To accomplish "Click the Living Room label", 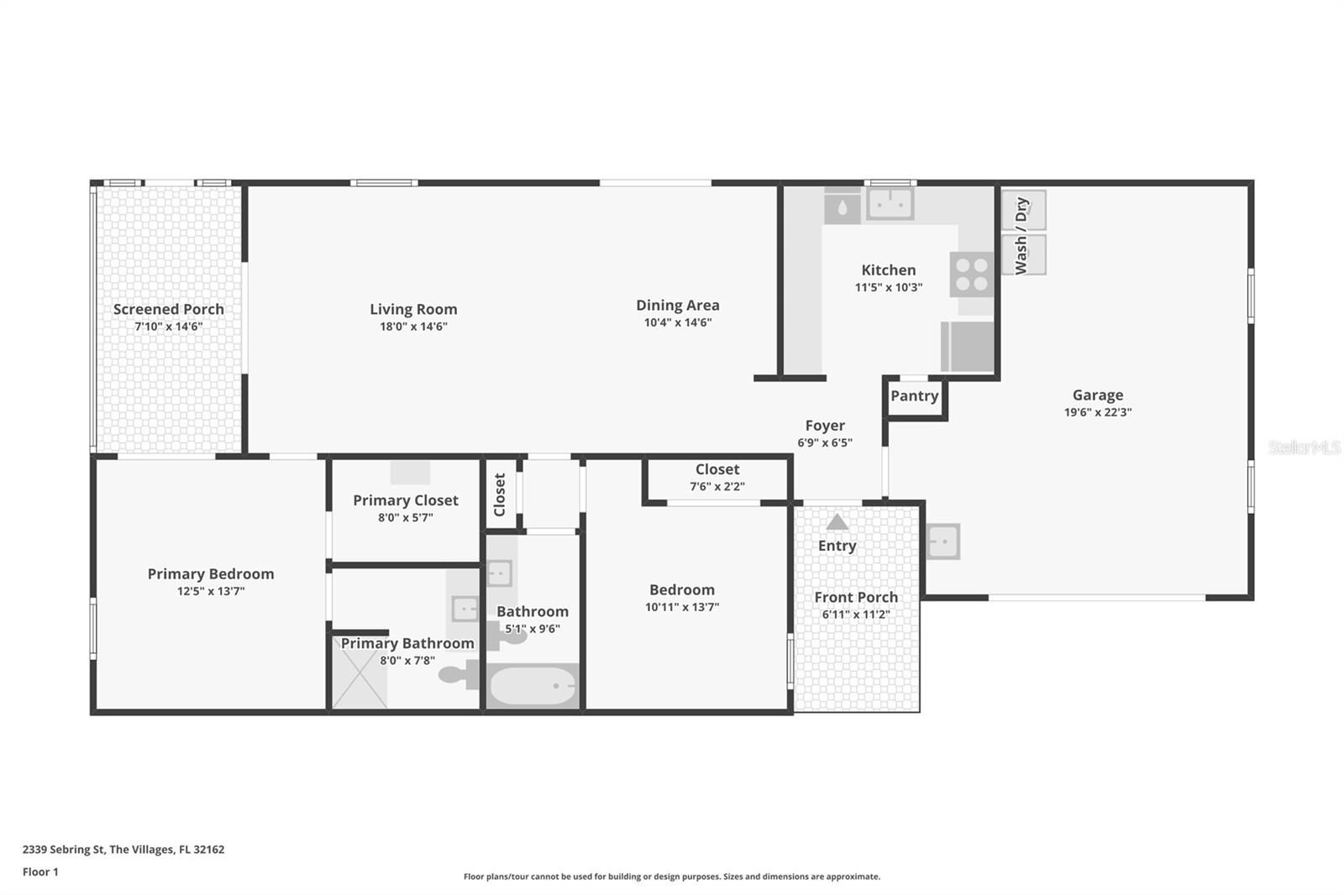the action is tap(413, 309).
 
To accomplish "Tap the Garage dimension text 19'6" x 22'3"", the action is tap(1097, 412).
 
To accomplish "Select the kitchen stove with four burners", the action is tap(971, 275).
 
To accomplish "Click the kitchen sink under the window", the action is tap(890, 204).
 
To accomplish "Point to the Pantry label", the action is tap(914, 396).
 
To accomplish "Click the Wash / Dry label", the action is tap(1021, 236).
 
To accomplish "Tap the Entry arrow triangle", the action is tap(837, 522).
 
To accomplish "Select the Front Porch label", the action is tap(856, 598).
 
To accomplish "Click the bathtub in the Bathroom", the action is tap(533, 686).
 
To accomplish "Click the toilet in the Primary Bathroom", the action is tap(459, 675).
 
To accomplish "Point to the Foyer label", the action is tap(824, 426).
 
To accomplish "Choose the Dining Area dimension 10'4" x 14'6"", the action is tap(677, 322).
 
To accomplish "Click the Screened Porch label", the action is tap(169, 310).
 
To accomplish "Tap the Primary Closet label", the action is tap(406, 500).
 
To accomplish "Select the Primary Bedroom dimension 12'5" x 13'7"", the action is tap(211, 591).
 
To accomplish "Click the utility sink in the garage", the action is tap(942, 542).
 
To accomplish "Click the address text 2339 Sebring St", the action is tap(64, 850).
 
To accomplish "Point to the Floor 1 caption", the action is tap(40, 872).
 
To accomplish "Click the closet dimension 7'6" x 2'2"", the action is tap(717, 486).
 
